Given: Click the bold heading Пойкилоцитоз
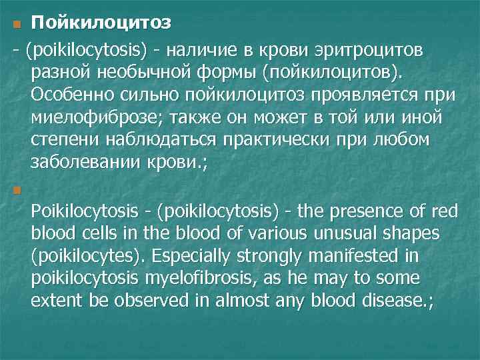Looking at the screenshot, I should [101, 23].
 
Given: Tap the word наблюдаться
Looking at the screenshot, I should [151, 141].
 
